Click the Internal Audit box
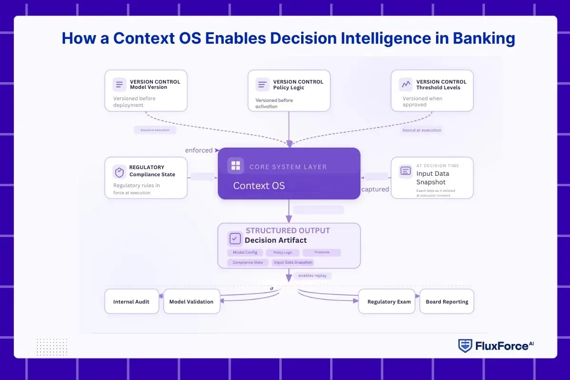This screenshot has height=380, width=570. click(131, 302)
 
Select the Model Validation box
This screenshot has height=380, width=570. click(191, 302)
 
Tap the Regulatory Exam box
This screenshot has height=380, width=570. click(389, 302)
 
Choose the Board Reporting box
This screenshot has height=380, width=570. click(446, 302)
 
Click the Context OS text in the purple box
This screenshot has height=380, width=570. click(259, 186)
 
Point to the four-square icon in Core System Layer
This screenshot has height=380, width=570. click(236, 166)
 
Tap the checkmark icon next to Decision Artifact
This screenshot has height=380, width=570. click(235, 238)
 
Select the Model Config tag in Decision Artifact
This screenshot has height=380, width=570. click(245, 253)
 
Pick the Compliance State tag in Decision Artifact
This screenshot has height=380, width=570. click(248, 262)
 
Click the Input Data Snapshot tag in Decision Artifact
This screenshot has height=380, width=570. click(293, 262)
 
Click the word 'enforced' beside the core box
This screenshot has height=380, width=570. click(199, 150)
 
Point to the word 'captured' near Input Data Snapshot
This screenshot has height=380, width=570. click(375, 189)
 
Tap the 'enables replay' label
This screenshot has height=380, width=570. click(312, 275)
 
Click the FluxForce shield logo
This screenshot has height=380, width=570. click(465, 346)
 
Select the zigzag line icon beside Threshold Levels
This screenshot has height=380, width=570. click(406, 85)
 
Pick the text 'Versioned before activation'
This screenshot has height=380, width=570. click(274, 103)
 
